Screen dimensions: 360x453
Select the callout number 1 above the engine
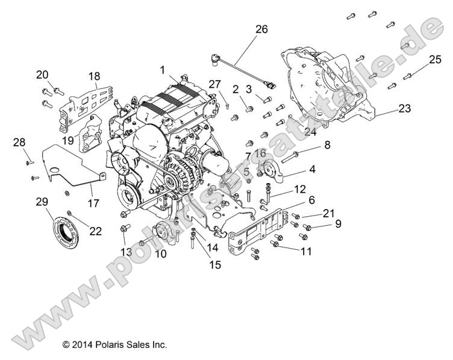click(x=163, y=70)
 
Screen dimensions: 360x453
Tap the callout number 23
click(x=405, y=109)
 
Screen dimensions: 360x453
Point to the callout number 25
click(x=435, y=59)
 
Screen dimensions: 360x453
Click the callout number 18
click(x=95, y=76)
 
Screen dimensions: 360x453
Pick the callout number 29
click(x=42, y=202)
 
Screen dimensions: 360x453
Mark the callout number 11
click(x=306, y=252)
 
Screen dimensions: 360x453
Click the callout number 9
click(x=338, y=224)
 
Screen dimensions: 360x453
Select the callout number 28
click(x=19, y=142)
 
